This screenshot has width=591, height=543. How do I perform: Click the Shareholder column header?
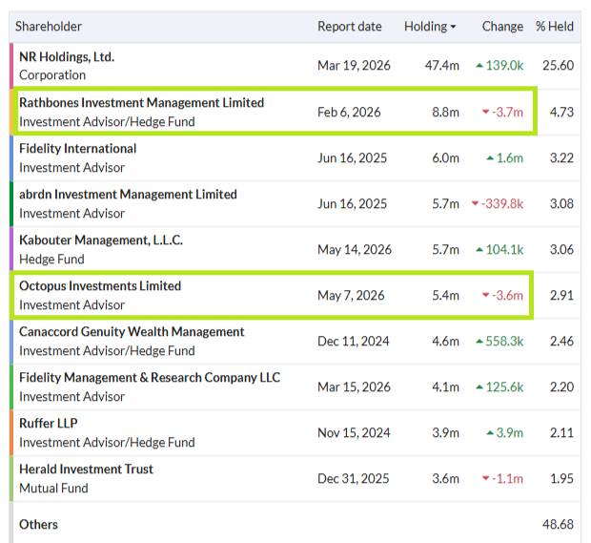coord(49,27)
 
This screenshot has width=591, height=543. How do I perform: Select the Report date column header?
coord(350,27)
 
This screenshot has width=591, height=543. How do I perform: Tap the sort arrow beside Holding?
coord(453,27)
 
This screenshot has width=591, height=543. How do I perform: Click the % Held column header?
coord(555,27)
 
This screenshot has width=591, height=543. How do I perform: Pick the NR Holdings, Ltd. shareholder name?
coord(67,56)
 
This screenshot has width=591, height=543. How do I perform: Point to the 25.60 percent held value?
coord(558,65)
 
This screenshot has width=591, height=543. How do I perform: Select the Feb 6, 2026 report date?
coord(349,112)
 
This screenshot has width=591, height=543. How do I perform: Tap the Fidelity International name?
coord(77,148)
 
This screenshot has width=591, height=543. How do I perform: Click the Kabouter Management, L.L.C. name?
coord(101,240)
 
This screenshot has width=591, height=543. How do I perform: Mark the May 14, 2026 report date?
coord(355,249)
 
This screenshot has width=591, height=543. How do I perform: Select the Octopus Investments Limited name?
coord(100,285)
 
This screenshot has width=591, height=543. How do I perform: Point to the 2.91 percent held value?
coord(561,295)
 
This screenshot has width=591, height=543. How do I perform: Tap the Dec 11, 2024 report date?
coord(354,341)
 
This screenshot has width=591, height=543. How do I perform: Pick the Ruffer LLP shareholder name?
coord(49,423)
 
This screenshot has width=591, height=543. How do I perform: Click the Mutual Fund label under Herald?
coord(53,488)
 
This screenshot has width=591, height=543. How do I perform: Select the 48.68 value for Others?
coord(558,524)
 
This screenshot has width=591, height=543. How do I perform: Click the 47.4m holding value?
coord(441,65)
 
